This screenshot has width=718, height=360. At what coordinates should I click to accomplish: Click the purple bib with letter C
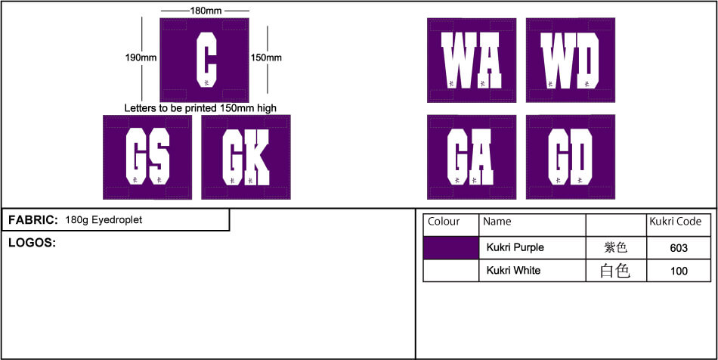pyautogui.click(x=204, y=61)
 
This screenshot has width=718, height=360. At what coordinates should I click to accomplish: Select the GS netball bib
pyautogui.click(x=147, y=157)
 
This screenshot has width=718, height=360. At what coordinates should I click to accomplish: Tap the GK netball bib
pyautogui.click(x=246, y=157)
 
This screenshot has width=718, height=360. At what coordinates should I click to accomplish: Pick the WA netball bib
pyautogui.click(x=472, y=61)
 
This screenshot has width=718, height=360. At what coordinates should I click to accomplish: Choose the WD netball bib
pyautogui.click(x=571, y=61)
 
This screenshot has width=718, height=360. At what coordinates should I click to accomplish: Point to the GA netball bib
pyautogui.click(x=472, y=157)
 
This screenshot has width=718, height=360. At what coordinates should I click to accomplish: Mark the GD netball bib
pyautogui.click(x=571, y=157)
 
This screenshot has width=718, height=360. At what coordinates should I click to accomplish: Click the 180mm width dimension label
pyautogui.click(x=205, y=11)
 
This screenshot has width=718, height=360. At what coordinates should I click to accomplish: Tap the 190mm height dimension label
pyautogui.click(x=141, y=57)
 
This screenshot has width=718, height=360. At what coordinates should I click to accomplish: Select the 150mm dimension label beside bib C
pyautogui.click(x=266, y=57)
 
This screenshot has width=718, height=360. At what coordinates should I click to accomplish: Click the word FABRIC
pyautogui.click(x=32, y=220)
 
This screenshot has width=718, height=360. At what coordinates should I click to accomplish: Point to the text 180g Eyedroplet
pyautogui.click(x=104, y=220)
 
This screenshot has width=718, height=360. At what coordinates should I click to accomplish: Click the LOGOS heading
pyautogui.click(x=32, y=243)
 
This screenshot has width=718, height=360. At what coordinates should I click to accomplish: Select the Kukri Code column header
pyautogui.click(x=676, y=222)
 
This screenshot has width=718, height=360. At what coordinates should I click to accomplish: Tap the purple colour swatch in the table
pyautogui.click(x=450, y=247)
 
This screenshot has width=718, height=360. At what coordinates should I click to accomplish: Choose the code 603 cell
pyautogui.click(x=679, y=248)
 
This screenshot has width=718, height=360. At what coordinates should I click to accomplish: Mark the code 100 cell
pyautogui.click(x=679, y=271)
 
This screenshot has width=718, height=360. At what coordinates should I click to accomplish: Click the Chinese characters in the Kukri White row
pyautogui.click(x=614, y=271)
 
